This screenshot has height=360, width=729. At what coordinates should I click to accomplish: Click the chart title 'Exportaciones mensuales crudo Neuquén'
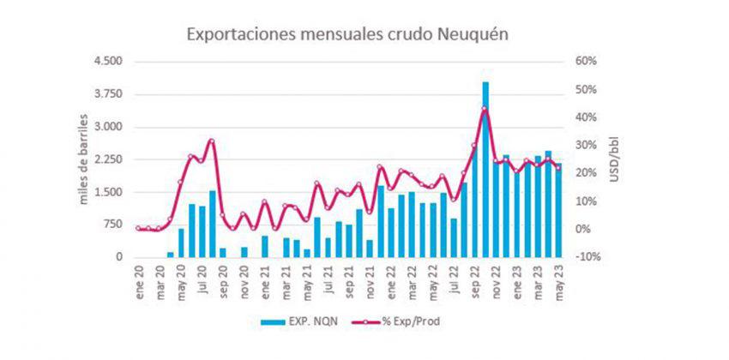[348, 34]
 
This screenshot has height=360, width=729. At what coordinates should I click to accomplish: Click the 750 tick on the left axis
[113, 225]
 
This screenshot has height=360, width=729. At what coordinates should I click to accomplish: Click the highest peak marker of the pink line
[485, 109]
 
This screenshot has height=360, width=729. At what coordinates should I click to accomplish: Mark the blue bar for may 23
[558, 211]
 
